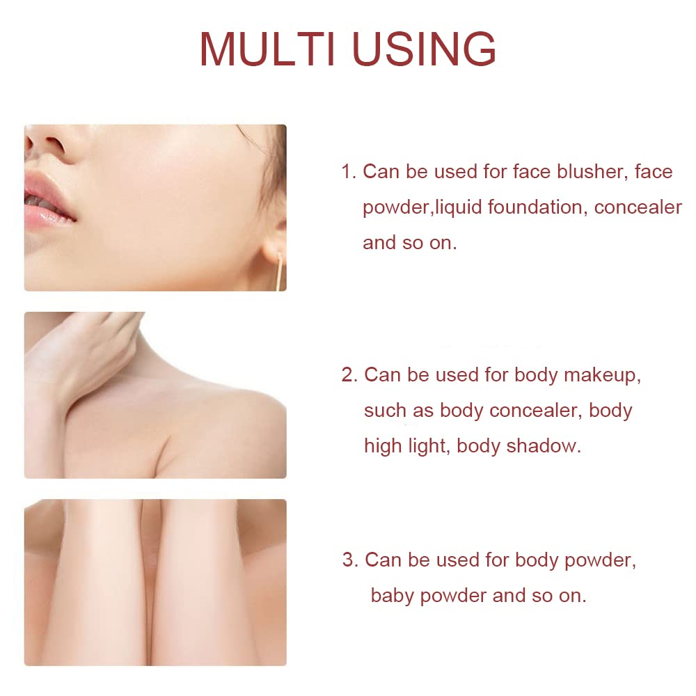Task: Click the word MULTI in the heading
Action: click(x=267, y=49)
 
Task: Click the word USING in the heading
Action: click(x=425, y=49)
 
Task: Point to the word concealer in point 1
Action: click(x=638, y=207)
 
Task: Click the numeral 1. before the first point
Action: click(x=349, y=172)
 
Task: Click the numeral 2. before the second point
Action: click(x=350, y=375)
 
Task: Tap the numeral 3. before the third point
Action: click(x=351, y=560)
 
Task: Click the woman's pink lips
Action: click(x=48, y=201)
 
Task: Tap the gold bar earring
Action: click(x=280, y=271)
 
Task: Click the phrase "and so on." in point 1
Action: click(x=410, y=243)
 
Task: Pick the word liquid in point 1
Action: click(x=459, y=207)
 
